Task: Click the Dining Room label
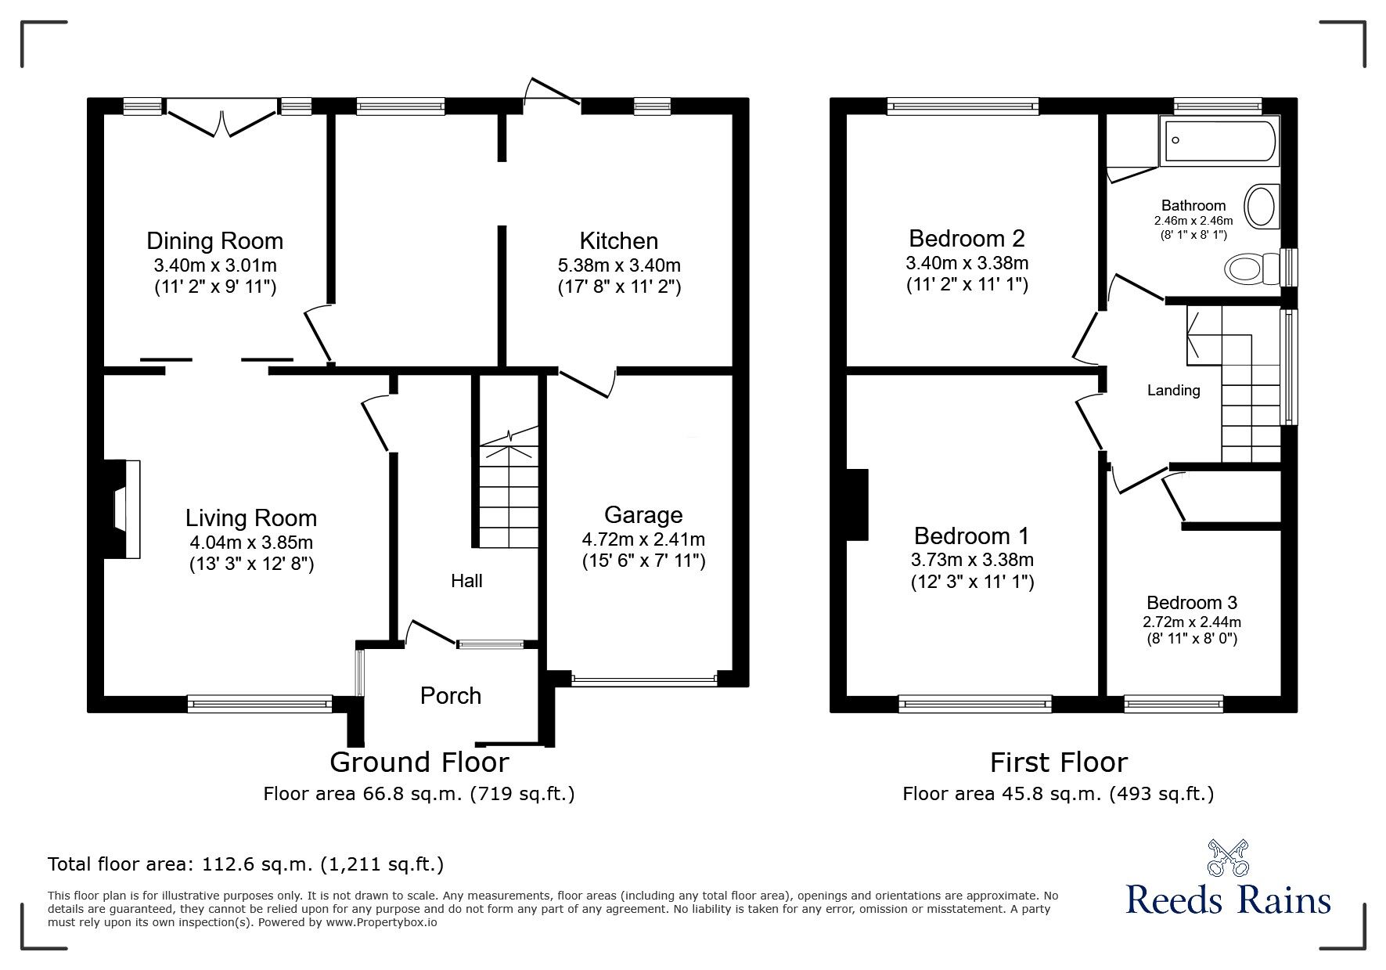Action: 214,240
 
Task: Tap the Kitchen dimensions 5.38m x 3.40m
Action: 619,265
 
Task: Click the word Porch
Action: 450,695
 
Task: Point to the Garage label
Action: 643,514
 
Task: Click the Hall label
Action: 466,580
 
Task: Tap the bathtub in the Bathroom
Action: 1219,141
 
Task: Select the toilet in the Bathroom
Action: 1249,269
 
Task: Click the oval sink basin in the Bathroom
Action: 1260,206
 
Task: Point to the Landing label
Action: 1173,390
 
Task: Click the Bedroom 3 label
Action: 1191,602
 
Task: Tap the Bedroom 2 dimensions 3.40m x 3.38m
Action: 967,262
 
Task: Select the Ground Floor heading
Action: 419,762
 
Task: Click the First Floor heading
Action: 1058,762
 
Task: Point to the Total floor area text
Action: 246,864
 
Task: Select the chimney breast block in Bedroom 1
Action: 858,505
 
